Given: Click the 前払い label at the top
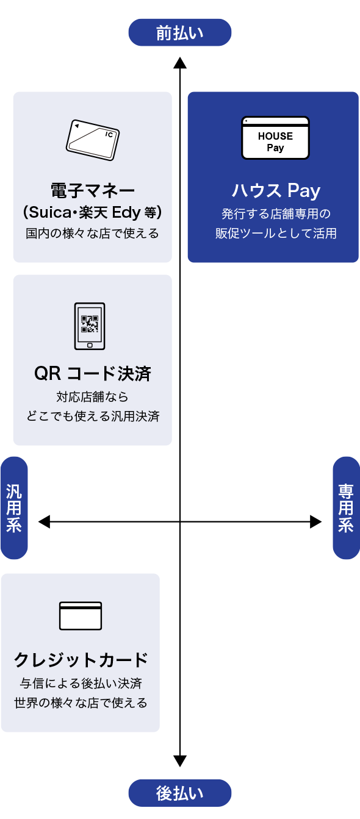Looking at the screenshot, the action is coord(179,32).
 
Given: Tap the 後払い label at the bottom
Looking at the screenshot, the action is coord(179,793).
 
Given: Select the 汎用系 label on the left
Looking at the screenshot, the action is coord(14,508).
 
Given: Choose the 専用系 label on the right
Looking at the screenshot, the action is coord(346,508).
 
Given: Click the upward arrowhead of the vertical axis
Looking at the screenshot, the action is coord(179,63).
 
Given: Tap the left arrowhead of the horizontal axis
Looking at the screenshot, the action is coord(45,522).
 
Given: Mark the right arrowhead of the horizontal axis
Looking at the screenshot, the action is coord(315,522).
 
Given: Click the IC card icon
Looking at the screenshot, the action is coord(93,140).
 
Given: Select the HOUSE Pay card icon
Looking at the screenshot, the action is coord(275,138).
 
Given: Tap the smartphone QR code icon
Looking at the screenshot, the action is coord(90,326).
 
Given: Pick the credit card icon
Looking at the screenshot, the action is coord(81,616).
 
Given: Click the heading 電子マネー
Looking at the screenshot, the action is coord(93,191).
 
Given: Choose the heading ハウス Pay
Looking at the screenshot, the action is coord(276,191).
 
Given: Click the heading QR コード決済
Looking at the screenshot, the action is coord(93,374).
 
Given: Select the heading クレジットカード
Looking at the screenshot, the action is coord(81,660).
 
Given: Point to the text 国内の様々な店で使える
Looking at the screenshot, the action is coord(92,234).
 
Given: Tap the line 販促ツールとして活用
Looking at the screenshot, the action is coord(276,234).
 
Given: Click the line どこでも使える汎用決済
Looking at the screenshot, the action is coord(93,416).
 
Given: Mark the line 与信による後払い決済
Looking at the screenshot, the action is coord(81,683).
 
